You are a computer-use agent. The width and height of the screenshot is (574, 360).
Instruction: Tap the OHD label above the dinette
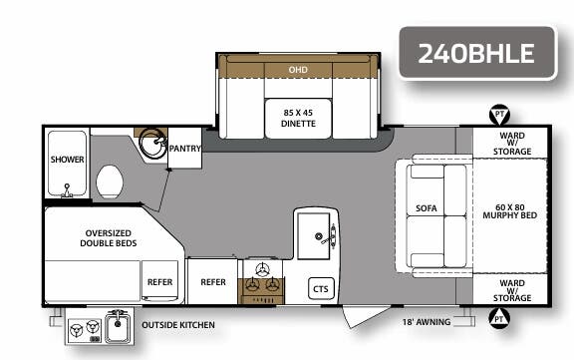(298, 71)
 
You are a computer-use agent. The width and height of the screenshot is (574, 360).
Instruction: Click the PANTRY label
(185, 149)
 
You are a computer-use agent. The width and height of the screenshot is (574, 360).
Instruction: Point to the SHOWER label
(67, 160)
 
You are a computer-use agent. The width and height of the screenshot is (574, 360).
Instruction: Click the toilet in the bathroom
(111, 182)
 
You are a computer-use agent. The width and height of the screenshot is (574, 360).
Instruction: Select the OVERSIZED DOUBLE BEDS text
(111, 237)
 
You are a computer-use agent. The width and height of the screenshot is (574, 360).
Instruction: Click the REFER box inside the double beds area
(159, 282)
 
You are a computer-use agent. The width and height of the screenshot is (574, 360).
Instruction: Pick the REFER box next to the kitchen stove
(212, 282)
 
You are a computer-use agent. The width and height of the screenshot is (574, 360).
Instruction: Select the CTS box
(321, 288)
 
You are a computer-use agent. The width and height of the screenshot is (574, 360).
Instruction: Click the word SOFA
(427, 209)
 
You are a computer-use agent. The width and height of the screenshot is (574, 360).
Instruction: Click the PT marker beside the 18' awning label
(497, 319)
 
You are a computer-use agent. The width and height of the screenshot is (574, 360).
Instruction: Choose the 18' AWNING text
(426, 322)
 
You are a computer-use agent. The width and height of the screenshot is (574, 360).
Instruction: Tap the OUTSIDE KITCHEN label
(177, 325)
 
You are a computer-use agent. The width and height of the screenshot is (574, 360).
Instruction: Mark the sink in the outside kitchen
(118, 327)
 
